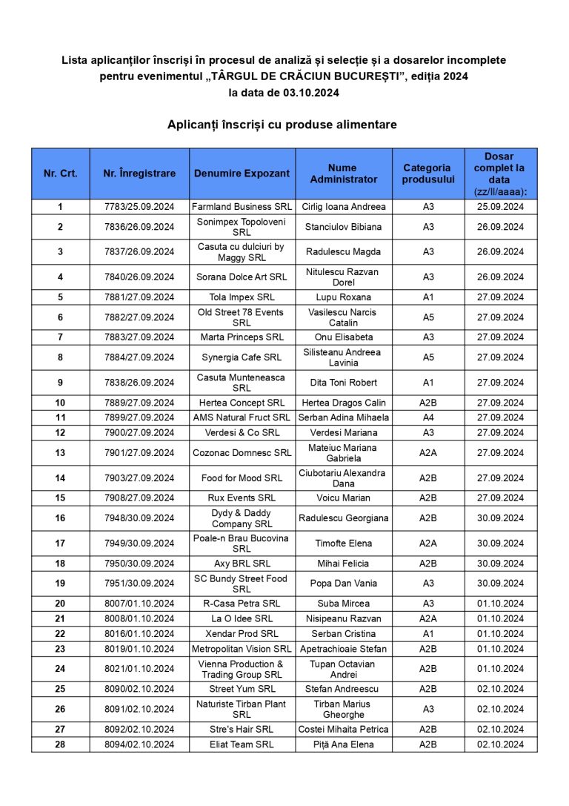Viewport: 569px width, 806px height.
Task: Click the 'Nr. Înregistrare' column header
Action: point(139,174)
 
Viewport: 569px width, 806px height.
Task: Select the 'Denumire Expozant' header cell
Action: point(242,174)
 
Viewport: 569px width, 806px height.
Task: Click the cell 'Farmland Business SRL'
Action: point(242,206)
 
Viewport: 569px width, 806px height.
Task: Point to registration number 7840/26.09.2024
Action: point(139,277)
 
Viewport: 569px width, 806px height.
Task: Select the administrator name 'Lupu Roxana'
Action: point(344,297)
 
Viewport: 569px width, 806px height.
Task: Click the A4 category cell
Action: point(428,417)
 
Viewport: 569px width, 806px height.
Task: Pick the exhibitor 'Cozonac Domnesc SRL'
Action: point(242,453)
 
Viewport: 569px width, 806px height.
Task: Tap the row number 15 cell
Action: point(60,498)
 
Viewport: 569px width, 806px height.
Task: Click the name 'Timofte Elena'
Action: point(344,544)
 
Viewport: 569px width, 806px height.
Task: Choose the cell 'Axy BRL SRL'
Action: point(242,564)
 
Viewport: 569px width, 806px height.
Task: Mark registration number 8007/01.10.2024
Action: point(139,604)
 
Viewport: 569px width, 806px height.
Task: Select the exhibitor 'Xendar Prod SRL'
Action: point(242,634)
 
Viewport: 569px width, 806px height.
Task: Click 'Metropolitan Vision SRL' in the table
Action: point(242,649)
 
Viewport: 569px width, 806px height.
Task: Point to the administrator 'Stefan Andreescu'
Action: point(344,689)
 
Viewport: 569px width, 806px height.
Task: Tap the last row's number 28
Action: point(60,744)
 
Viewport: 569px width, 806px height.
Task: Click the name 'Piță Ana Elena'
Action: point(344,744)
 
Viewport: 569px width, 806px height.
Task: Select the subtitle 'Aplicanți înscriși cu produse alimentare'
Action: point(282,125)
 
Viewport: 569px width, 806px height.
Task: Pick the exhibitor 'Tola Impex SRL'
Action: point(242,297)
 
